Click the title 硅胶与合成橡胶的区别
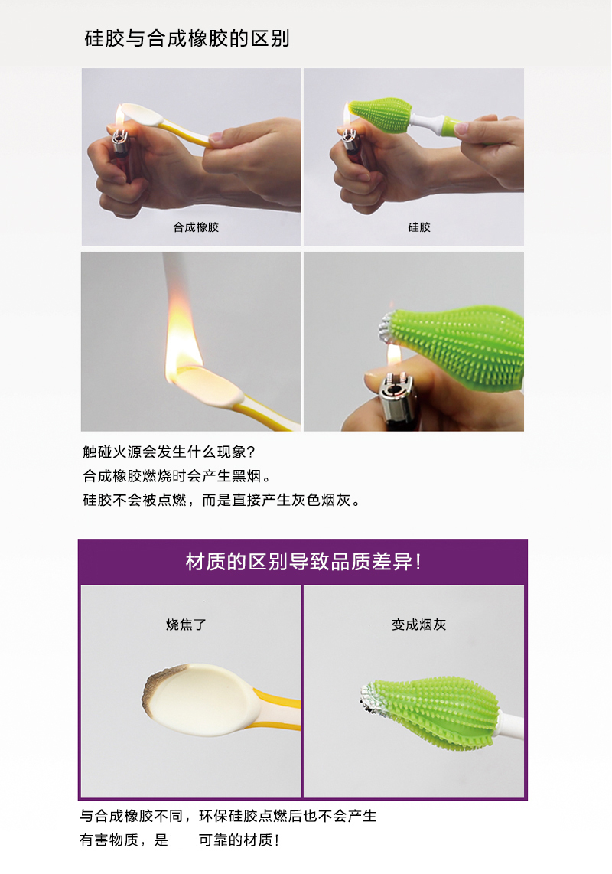click(187, 38)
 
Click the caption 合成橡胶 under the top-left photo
click(196, 227)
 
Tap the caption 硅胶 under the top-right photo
click(419, 227)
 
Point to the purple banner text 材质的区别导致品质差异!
click(304, 562)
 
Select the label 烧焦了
click(187, 625)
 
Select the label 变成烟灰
click(418, 625)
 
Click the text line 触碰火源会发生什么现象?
click(168, 452)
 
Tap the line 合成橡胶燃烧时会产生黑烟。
click(177, 476)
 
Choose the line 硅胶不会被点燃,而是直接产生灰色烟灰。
click(221, 501)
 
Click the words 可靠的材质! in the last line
click(239, 840)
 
